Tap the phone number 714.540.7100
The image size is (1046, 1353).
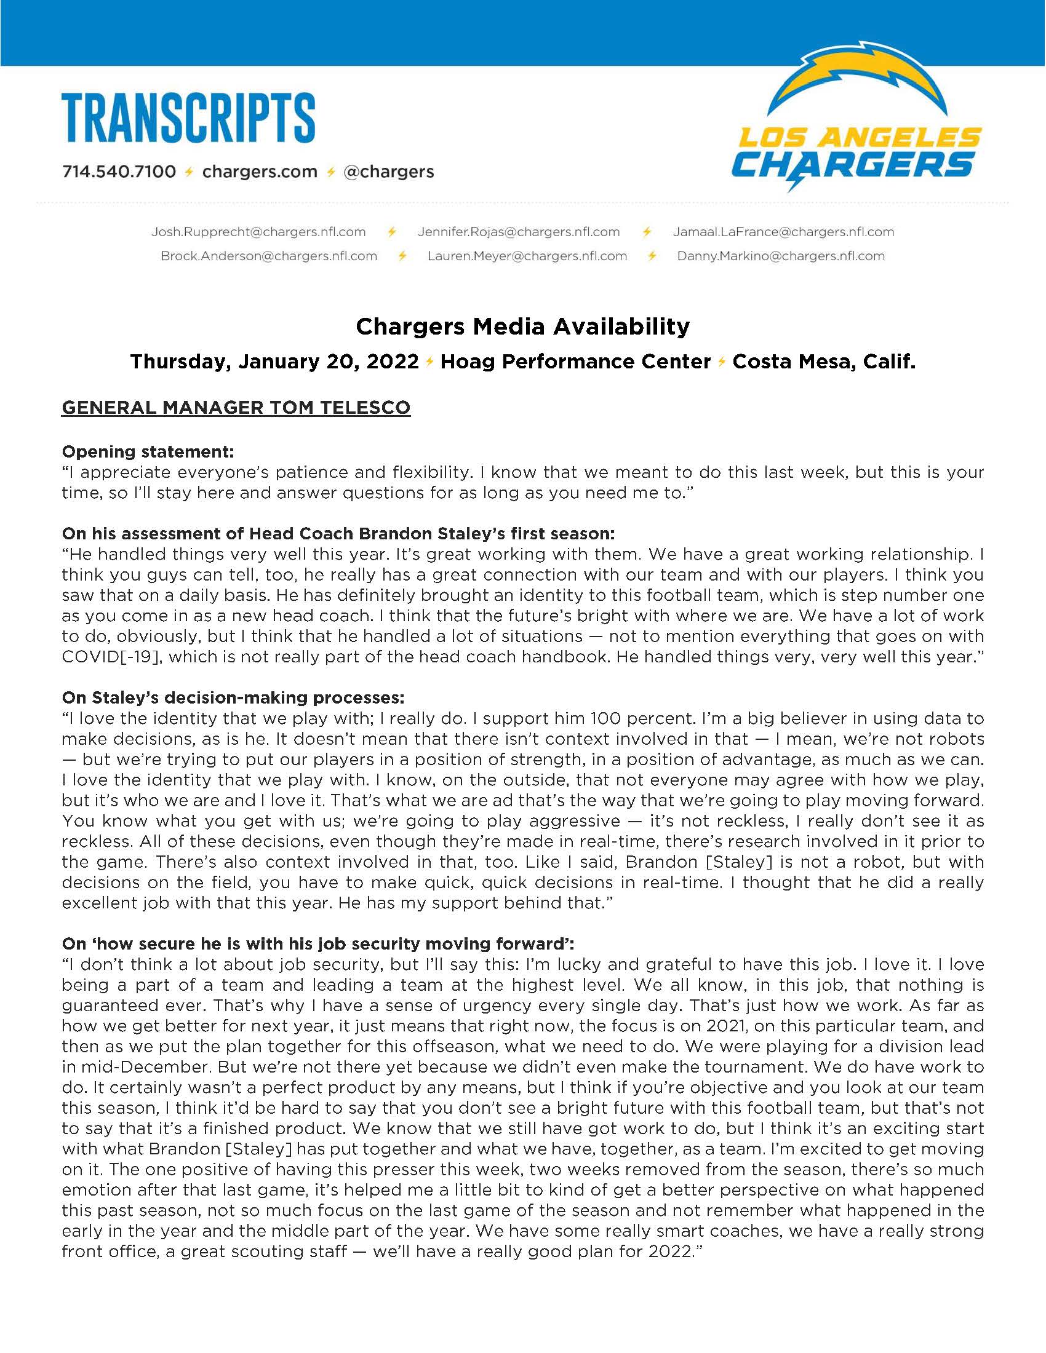tap(118, 172)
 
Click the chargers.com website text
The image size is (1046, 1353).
tap(260, 172)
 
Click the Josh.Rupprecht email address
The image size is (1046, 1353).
tap(258, 232)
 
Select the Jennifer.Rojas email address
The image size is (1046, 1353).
tap(519, 232)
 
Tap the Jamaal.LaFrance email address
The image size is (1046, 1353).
tap(783, 232)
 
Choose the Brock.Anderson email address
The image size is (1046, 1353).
tap(269, 256)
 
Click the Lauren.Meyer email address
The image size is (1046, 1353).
tap(527, 256)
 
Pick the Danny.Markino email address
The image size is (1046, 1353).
tap(781, 256)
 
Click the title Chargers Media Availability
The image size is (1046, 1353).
tap(522, 326)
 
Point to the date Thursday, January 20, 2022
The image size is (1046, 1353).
tap(274, 362)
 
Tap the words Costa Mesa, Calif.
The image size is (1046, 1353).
tap(823, 362)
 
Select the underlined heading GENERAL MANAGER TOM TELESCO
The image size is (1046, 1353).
tap(236, 408)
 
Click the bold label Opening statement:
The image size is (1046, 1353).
tap(148, 451)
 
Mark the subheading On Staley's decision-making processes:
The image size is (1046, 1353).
tap(233, 697)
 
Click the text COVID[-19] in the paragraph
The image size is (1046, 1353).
tap(112, 657)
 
